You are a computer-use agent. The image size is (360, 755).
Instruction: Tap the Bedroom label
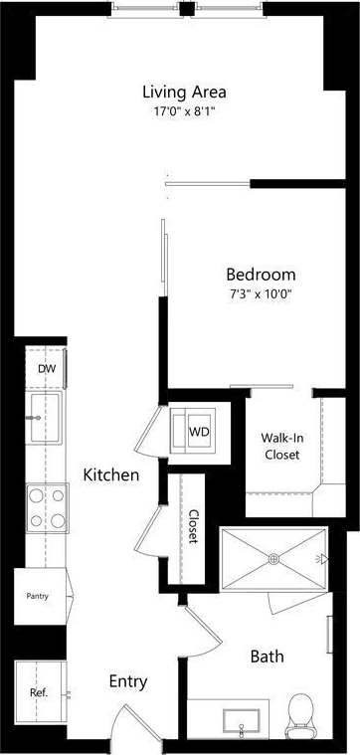(x=261, y=275)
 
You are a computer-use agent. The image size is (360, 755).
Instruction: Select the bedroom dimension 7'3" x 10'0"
(x=261, y=293)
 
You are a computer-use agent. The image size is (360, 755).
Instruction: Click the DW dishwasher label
(x=46, y=369)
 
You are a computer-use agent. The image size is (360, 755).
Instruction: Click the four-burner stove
(x=46, y=507)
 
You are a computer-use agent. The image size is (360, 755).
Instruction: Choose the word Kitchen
(x=110, y=475)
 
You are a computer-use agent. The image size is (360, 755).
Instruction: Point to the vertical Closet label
(x=192, y=526)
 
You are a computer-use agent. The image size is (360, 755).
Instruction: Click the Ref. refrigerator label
(x=38, y=691)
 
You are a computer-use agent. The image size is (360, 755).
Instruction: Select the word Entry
(x=128, y=681)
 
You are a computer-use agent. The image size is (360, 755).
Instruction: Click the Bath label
(x=267, y=657)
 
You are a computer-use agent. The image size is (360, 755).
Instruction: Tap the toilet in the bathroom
(x=299, y=716)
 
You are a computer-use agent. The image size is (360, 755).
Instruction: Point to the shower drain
(x=273, y=559)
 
